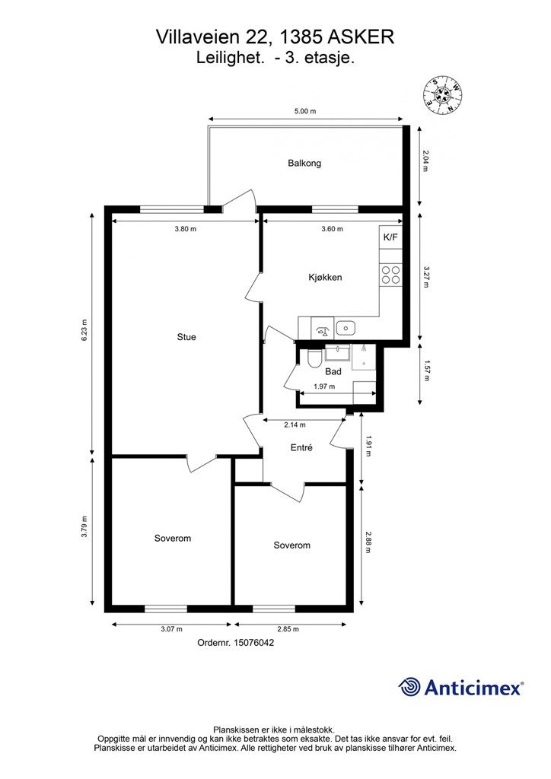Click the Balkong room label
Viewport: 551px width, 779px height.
point(304,163)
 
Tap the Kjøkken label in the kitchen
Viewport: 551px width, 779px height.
point(325,277)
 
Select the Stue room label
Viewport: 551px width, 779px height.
point(186,337)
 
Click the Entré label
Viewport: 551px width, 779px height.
point(301,447)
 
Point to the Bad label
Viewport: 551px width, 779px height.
point(333,371)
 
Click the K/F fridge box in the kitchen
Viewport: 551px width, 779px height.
point(390,237)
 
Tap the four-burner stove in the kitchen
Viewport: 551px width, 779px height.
point(390,275)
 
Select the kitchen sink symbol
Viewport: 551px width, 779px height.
point(345,328)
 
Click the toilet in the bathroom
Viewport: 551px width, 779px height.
point(314,358)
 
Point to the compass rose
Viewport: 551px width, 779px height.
point(443,96)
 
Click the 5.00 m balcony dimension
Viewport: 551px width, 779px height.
point(305,111)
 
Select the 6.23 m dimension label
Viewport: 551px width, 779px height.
point(84,329)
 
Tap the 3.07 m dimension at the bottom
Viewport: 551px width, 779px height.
point(171,629)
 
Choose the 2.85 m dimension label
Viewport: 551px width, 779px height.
point(288,629)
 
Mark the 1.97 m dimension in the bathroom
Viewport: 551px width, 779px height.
point(324,386)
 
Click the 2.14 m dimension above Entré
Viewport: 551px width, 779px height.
point(295,424)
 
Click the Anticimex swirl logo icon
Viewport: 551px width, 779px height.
point(409,687)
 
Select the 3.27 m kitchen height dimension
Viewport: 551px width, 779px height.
point(425,277)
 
